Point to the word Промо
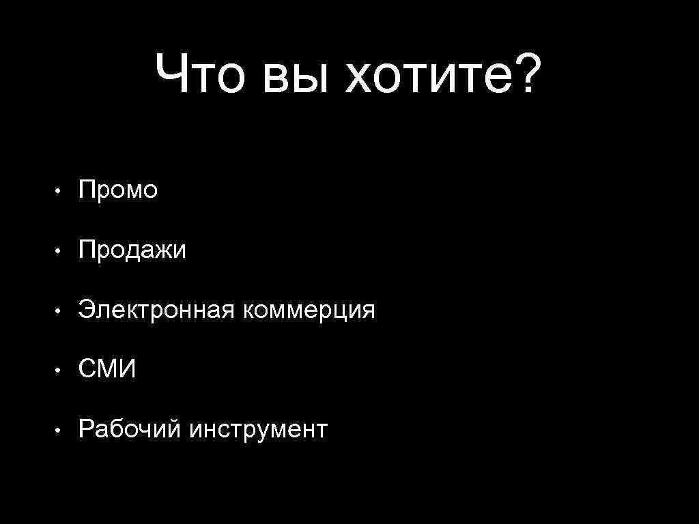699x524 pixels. coord(118,190)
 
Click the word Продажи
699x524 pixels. coord(132,251)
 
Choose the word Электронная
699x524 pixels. coord(156,310)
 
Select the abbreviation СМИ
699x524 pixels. coord(107,370)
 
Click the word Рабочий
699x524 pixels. coord(130,430)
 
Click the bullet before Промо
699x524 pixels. coord(61,192)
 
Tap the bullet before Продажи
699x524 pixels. coord(61,252)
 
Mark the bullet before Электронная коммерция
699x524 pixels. coord(61,312)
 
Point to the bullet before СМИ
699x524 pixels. coord(61,371)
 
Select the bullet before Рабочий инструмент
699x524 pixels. coord(61,431)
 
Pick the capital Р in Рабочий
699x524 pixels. coord(86,430)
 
